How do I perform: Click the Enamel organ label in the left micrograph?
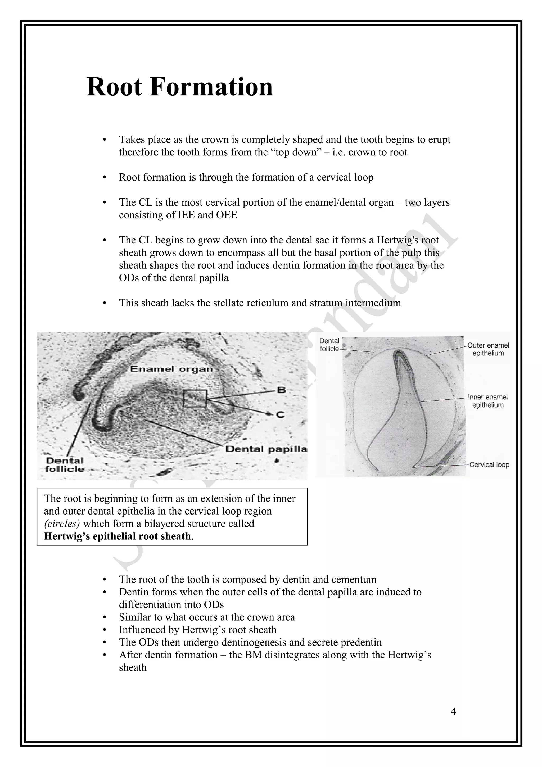[171, 369]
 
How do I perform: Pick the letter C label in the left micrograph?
[281, 414]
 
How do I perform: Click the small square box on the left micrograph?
[195, 398]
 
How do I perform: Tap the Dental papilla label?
[266, 449]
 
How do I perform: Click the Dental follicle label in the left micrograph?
[65, 465]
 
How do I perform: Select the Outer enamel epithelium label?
[488, 349]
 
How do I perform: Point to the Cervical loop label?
[489, 465]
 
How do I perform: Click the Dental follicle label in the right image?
[329, 345]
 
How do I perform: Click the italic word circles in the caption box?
[62, 524]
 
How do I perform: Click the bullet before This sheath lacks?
[105, 303]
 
